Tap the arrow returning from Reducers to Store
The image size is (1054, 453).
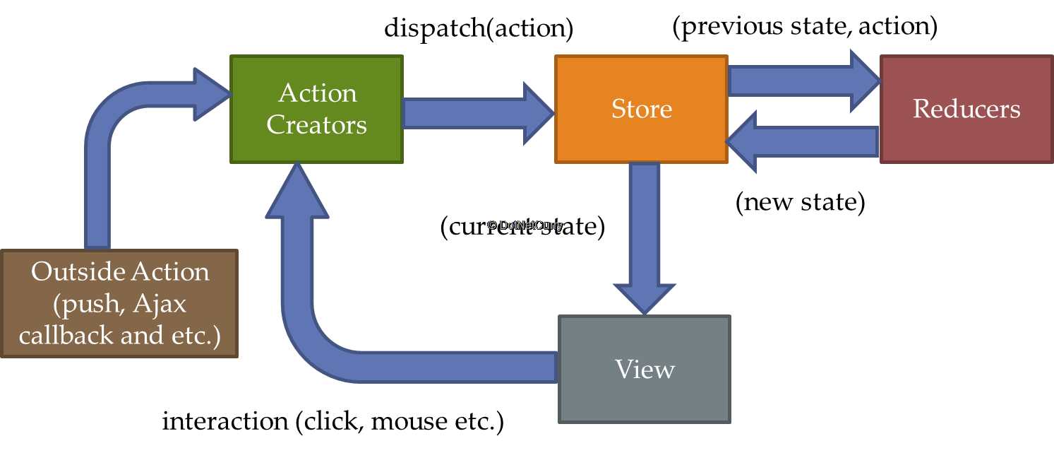(x=805, y=142)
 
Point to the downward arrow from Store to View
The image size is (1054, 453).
(x=644, y=233)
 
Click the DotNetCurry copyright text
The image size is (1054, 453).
(x=525, y=225)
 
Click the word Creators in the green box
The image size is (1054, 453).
(x=316, y=125)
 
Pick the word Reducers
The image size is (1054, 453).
(x=966, y=109)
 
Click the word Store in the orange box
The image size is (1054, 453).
(x=641, y=109)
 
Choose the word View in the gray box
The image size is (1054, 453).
(x=645, y=369)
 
